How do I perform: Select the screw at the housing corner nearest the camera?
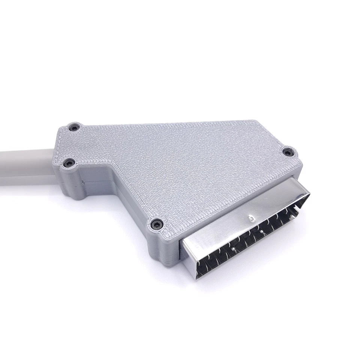(x=156, y=224)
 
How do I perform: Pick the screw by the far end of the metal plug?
(x=287, y=152)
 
